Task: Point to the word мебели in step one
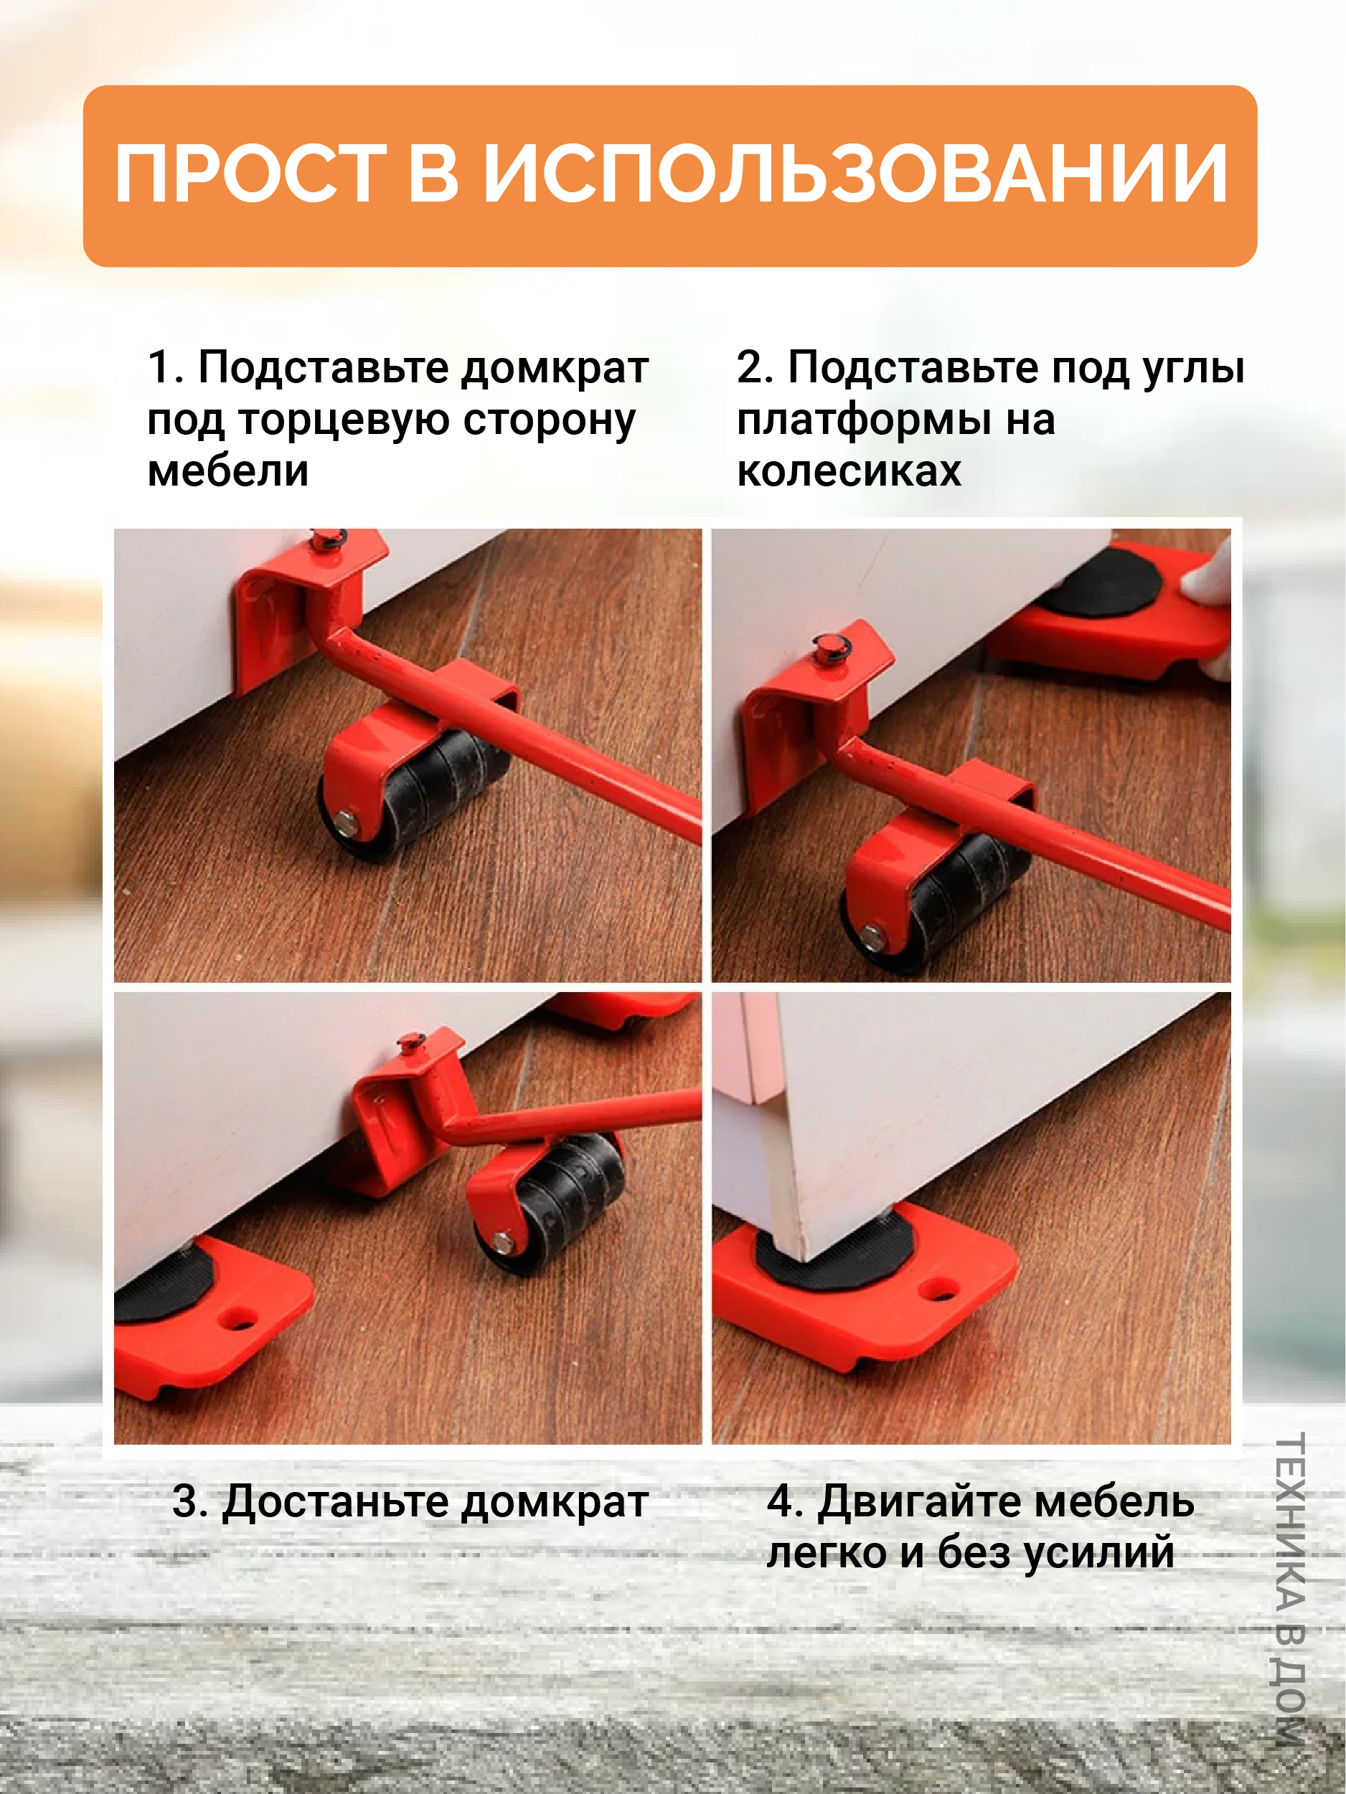click(228, 471)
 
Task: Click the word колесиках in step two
click(849, 471)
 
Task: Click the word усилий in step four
click(1098, 1553)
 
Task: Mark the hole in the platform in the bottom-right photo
click(942, 1287)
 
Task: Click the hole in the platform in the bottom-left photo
click(237, 1321)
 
